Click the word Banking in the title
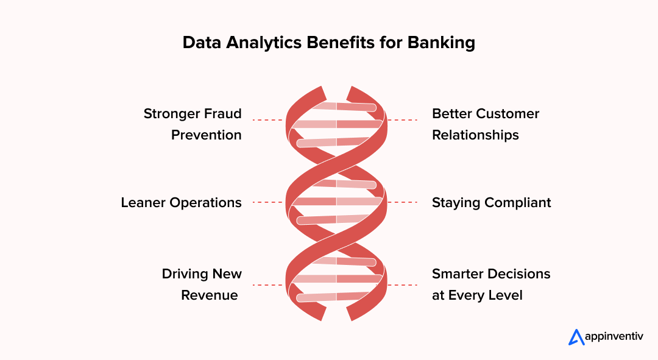coord(441,43)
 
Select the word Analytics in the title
coord(264,43)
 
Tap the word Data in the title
coord(202,43)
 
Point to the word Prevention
coord(207,135)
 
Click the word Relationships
coord(475,135)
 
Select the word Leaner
coord(143,203)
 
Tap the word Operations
coord(205,203)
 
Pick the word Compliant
coord(518,203)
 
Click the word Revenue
coord(210,295)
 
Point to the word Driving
coord(185,274)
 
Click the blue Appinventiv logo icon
coord(576,337)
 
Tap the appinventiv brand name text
coord(614,336)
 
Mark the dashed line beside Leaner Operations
coord(267,202)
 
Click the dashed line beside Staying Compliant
coord(402,202)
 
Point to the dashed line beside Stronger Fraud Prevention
coord(267,120)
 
